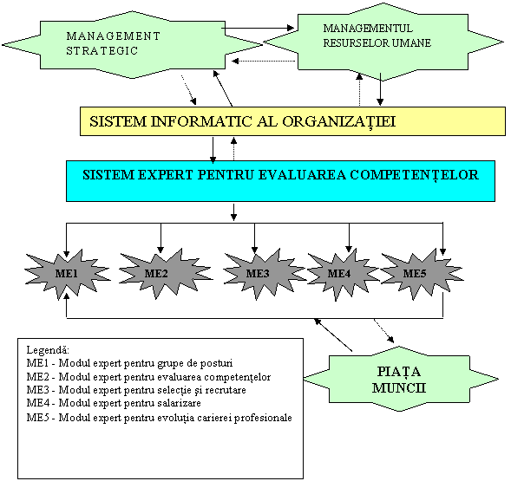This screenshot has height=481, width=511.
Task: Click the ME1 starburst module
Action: pyautogui.click(x=67, y=274)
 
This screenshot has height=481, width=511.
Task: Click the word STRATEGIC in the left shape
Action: pyautogui.click(x=102, y=51)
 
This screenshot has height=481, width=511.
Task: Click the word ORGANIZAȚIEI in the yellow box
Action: pyautogui.click(x=339, y=122)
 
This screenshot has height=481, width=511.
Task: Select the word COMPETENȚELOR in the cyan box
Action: pyautogui.click(x=414, y=175)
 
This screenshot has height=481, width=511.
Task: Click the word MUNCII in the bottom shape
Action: pyautogui.click(x=399, y=388)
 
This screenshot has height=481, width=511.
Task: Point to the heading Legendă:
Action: pyautogui.click(x=48, y=350)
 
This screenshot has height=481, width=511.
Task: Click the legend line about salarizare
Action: pyautogui.click(x=114, y=403)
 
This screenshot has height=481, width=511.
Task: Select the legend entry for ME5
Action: pyautogui.click(x=160, y=418)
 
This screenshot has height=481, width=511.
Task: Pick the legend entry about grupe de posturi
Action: pyautogui.click(x=130, y=363)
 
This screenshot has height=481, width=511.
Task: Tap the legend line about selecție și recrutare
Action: pyautogui.click(x=136, y=390)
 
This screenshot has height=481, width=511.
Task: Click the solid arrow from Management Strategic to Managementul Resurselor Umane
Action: pyautogui.click(x=258, y=28)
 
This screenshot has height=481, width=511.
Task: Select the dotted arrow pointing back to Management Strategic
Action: pyautogui.click(x=264, y=61)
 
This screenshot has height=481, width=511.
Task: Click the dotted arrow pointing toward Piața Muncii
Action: pyautogui.click(x=384, y=331)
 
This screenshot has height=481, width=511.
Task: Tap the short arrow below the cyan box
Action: pyautogui.click(x=233, y=212)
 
